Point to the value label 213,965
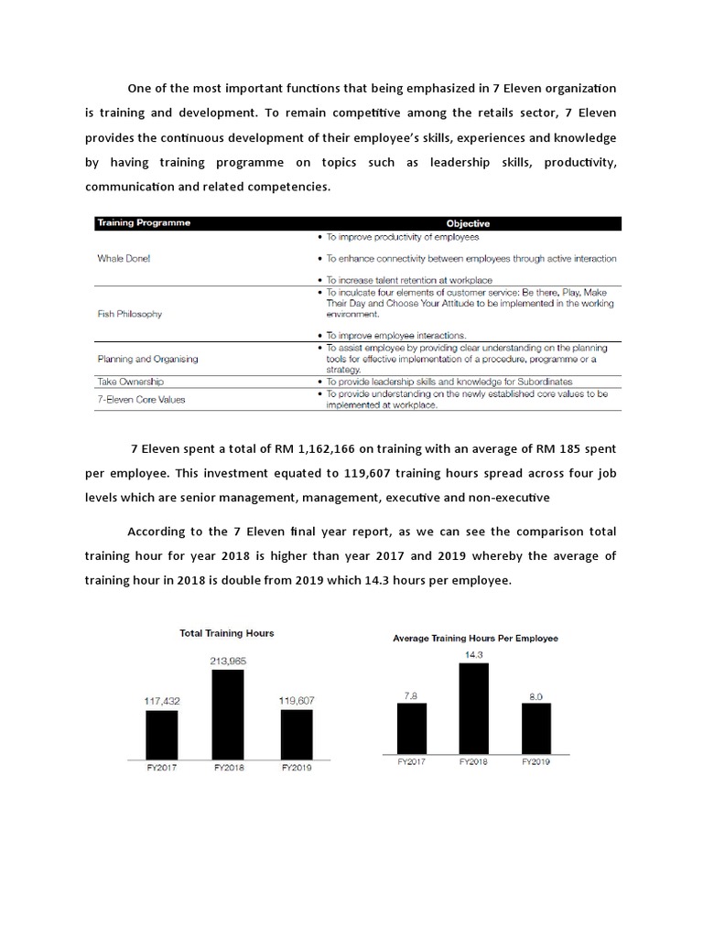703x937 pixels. click(228, 660)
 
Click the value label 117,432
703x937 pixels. click(161, 700)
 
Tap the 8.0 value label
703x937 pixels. click(536, 695)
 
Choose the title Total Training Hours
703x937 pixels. click(228, 632)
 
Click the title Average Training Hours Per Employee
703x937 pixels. click(475, 638)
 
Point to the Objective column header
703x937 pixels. click(467, 223)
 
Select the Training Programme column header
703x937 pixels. click(144, 223)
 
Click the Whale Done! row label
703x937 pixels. click(124, 258)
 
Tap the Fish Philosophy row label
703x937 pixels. click(129, 314)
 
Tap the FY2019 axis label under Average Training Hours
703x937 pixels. click(536, 760)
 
